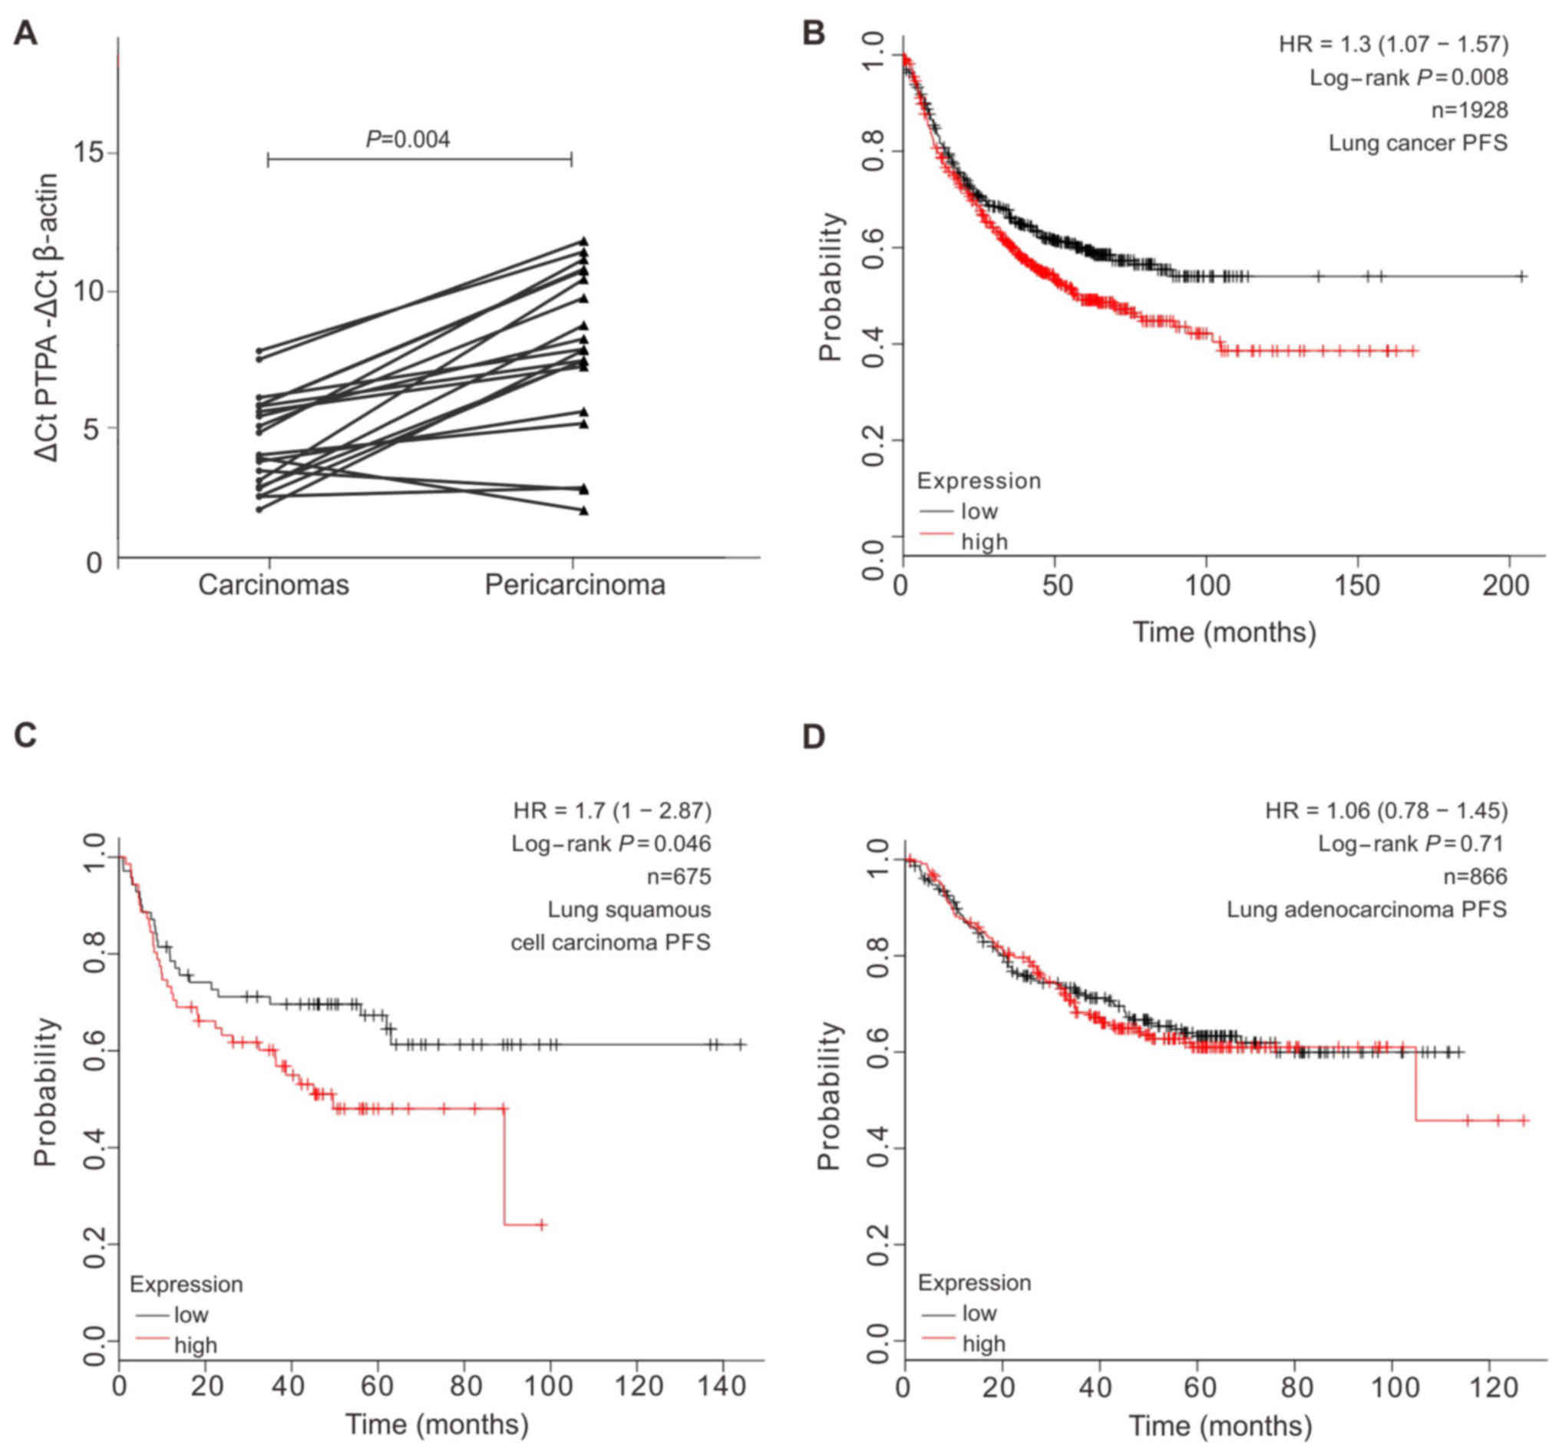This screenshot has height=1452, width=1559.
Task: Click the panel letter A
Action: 26,35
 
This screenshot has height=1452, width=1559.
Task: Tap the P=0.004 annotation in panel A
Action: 408,140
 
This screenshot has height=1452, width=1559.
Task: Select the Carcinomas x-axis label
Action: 273,585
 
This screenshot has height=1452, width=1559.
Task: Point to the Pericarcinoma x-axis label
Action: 575,585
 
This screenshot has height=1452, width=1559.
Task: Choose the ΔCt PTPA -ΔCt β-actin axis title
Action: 48,318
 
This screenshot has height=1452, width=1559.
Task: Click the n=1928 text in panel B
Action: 1469,111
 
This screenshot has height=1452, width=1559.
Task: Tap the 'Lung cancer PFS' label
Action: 1418,144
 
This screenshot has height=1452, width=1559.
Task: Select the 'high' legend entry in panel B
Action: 984,542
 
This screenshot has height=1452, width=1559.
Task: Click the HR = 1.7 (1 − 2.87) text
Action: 613,810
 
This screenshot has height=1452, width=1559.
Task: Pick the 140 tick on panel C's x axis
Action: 722,1386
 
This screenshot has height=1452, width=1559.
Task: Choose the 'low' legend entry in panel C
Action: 190,1315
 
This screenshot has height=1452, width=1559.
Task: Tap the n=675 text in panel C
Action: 679,876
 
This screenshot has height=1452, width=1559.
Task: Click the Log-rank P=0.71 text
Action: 1411,843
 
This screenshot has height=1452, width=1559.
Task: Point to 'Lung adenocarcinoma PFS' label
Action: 1367,909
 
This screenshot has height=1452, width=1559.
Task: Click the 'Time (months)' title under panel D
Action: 1220,1424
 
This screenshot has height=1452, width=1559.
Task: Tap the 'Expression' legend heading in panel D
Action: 974,1283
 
